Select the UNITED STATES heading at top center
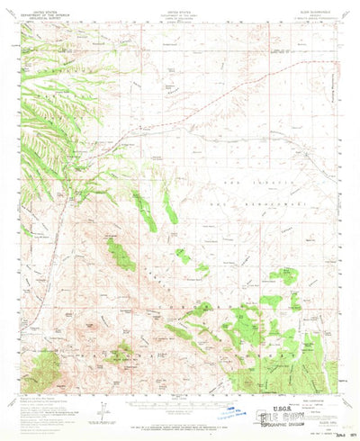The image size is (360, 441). [x=179, y=7]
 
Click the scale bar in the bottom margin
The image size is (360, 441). [x=180, y=407]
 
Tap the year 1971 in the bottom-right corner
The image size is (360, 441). [x=343, y=434]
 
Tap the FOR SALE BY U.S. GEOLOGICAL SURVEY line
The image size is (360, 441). [x=180, y=425]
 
